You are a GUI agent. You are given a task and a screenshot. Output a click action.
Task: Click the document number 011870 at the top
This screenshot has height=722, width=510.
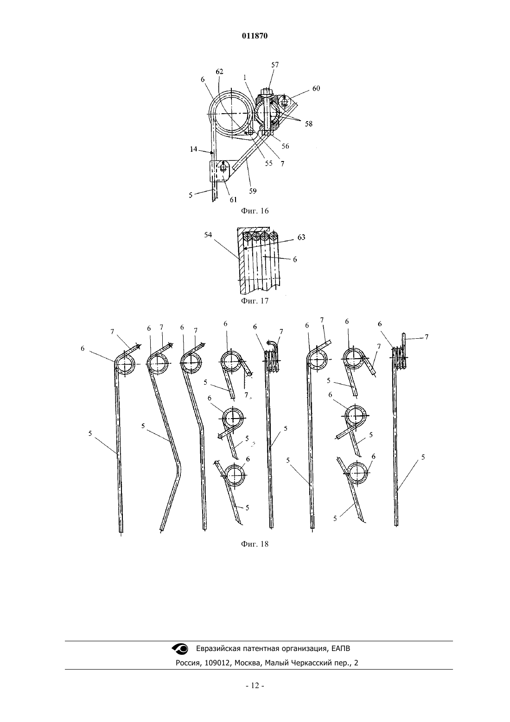pyautogui.click(x=255, y=36)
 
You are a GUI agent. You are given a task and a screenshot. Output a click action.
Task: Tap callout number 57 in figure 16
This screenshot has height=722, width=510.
pyautogui.click(x=274, y=65)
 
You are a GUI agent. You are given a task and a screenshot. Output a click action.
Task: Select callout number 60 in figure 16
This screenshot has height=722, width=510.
pyautogui.click(x=316, y=88)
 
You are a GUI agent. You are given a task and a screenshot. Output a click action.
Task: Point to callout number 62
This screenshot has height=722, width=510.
pyautogui.click(x=219, y=71)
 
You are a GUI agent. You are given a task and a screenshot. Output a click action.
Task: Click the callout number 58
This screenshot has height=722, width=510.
pyautogui.click(x=308, y=124)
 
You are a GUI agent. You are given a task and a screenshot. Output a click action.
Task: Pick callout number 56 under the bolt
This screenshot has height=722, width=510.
pyautogui.click(x=285, y=146)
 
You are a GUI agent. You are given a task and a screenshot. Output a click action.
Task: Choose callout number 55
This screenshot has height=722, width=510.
pyautogui.click(x=268, y=163)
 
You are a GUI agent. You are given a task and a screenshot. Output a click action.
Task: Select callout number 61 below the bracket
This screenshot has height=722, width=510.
pyautogui.click(x=233, y=200)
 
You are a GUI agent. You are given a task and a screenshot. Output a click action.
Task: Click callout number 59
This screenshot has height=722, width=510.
pyautogui.click(x=253, y=191)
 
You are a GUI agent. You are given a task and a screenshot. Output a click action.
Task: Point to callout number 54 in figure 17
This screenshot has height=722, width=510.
pyautogui.click(x=208, y=235)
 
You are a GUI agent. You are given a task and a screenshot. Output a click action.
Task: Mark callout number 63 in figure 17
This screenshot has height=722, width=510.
pyautogui.click(x=301, y=237)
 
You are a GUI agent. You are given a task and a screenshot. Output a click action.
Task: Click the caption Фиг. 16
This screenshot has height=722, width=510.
pyautogui.click(x=255, y=211)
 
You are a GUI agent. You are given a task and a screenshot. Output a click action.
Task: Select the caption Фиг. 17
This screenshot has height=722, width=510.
pyautogui.click(x=255, y=301)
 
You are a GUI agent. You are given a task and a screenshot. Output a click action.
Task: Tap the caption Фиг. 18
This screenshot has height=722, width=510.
pyautogui.click(x=255, y=544)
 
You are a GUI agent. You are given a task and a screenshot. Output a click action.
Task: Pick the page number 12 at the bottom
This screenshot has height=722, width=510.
pyautogui.click(x=255, y=686)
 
